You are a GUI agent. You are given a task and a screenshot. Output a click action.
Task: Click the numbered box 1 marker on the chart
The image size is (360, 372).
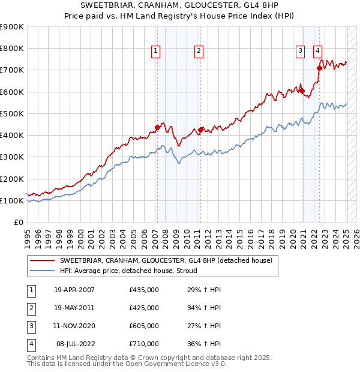click(155, 52)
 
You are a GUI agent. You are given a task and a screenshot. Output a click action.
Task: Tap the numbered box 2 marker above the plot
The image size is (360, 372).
click(198, 52)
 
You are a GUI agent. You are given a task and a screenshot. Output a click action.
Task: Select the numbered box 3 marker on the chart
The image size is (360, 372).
click(299, 52)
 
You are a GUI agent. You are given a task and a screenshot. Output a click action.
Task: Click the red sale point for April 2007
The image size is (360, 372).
click(157, 127)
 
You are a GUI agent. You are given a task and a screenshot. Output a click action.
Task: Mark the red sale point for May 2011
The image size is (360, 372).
click(200, 130)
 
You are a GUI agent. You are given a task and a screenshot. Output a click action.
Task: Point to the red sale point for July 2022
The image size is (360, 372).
click(319, 68)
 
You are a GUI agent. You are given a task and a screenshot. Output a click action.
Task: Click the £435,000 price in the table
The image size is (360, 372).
click(144, 290)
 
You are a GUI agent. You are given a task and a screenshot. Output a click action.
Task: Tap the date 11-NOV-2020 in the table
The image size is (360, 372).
click(74, 326)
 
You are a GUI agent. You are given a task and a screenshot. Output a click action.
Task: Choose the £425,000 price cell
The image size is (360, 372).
click(144, 308)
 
